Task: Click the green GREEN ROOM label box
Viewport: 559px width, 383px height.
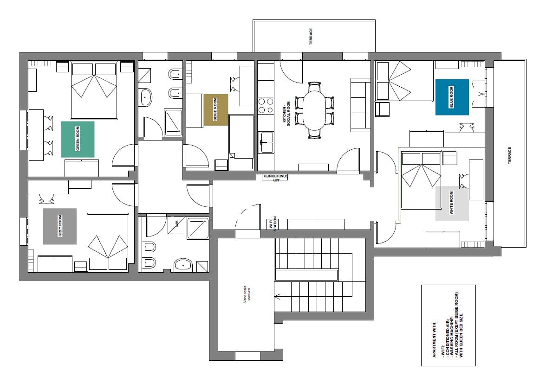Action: [x=78, y=139]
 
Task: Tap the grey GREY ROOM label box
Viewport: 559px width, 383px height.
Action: [x=60, y=226]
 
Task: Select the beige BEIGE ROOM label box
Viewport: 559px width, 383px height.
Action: [x=216, y=110]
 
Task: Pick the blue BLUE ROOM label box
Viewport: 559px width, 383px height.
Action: [x=452, y=97]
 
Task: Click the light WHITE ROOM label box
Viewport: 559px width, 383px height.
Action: [x=452, y=204]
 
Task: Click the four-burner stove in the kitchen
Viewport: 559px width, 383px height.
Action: [x=266, y=105]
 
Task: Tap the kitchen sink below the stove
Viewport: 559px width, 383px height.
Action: [x=266, y=141]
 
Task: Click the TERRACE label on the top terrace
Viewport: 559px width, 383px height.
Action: [x=311, y=36]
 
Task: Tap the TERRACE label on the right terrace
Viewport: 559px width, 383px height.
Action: [x=509, y=157]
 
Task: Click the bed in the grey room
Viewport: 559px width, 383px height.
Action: [x=108, y=242]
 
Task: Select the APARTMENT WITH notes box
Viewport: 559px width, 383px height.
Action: [x=448, y=326]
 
